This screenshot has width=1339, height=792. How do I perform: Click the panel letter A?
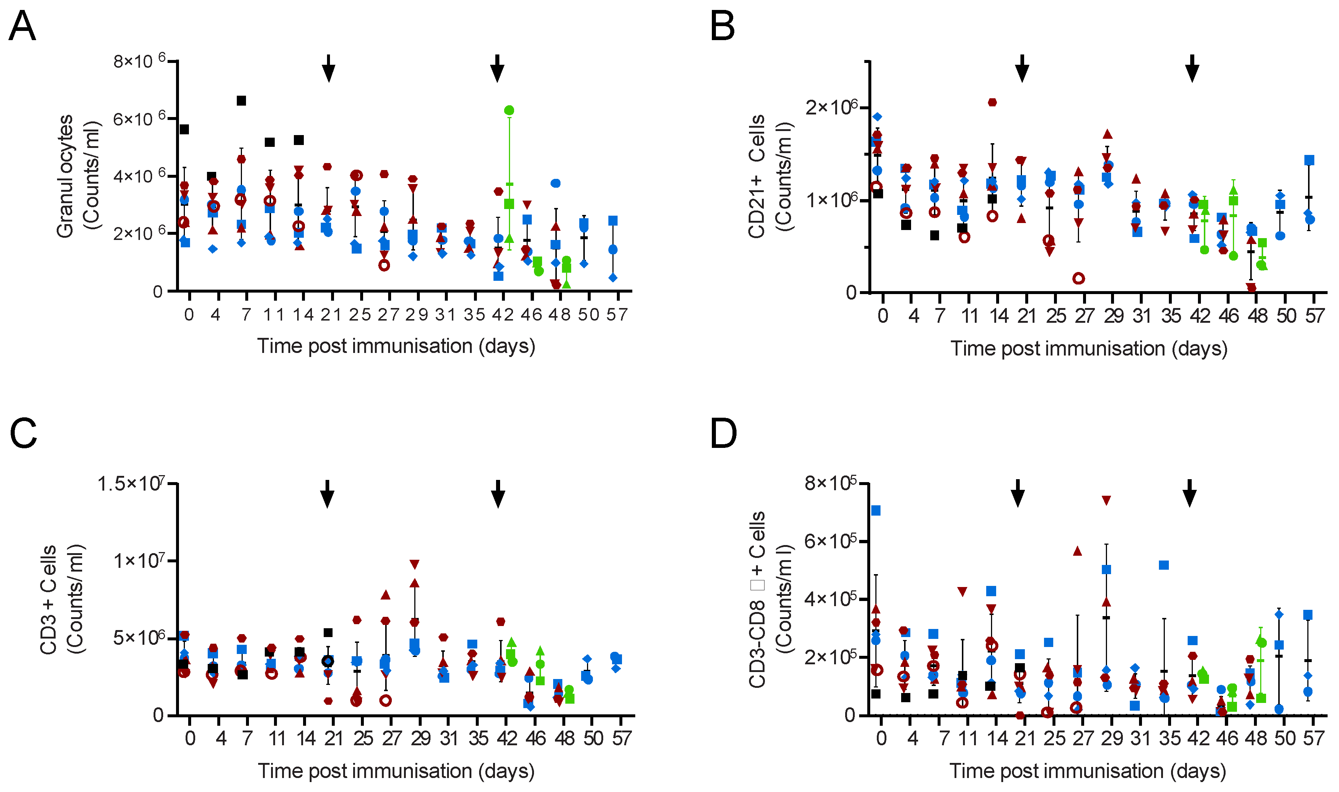[22, 26]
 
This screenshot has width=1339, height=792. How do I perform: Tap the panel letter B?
[723, 26]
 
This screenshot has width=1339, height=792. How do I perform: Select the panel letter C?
[24, 433]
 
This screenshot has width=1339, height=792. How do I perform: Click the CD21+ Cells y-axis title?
[770, 176]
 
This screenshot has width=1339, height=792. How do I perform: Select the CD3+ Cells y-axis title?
[62, 599]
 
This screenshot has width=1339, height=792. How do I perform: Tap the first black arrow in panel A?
[329, 68]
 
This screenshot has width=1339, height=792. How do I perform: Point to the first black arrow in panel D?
[1018, 493]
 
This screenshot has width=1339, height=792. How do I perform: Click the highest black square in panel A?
[241, 101]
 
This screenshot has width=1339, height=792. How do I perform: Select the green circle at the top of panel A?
[509, 110]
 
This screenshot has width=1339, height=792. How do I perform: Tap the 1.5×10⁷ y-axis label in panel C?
[131, 484]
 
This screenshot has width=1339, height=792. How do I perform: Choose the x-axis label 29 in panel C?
[421, 739]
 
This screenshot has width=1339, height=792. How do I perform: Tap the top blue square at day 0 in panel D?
[876, 511]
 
